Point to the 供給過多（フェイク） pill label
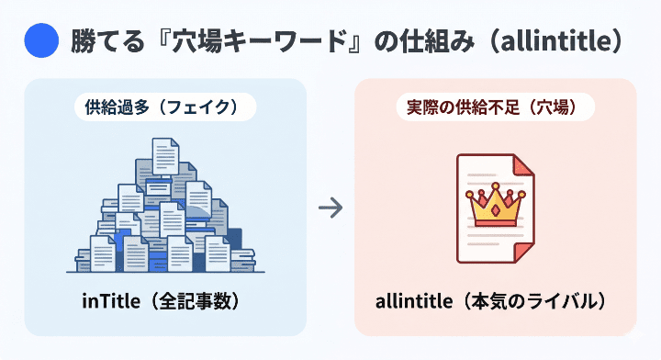coord(164,107)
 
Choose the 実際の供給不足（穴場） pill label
coord(496,107)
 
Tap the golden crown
coord(495,207)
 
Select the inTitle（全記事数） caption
coord(164,301)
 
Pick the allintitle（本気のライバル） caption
coord(496,301)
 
